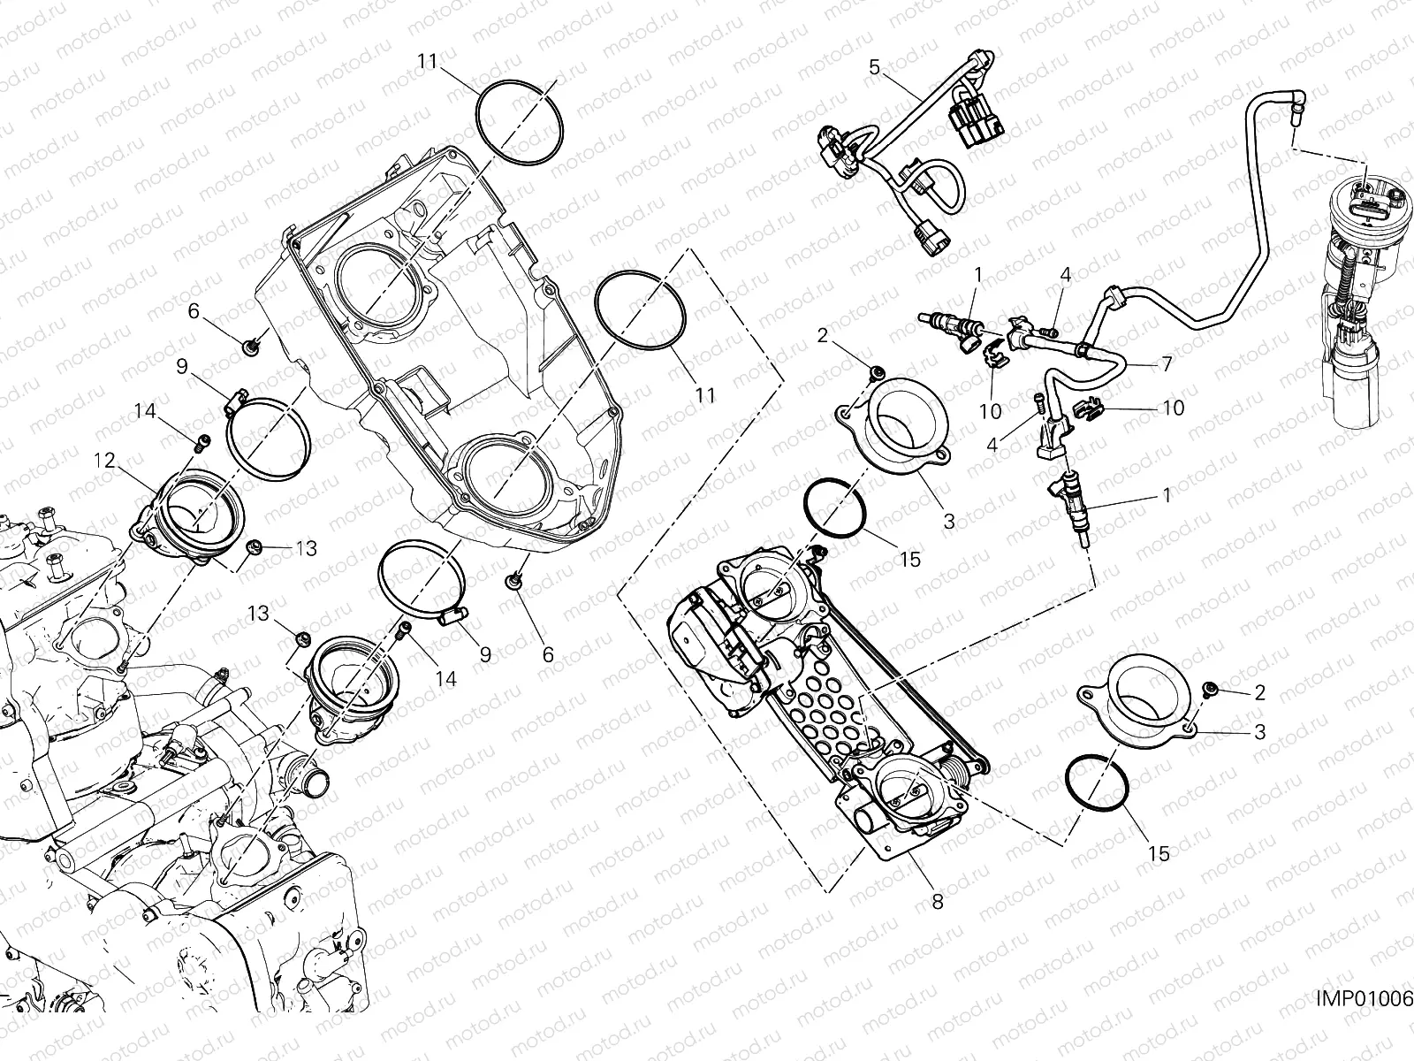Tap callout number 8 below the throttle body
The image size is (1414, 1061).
(937, 902)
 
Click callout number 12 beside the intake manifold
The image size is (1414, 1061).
(105, 460)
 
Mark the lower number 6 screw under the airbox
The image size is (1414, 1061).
(513, 580)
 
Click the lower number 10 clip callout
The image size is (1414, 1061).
(1174, 408)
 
